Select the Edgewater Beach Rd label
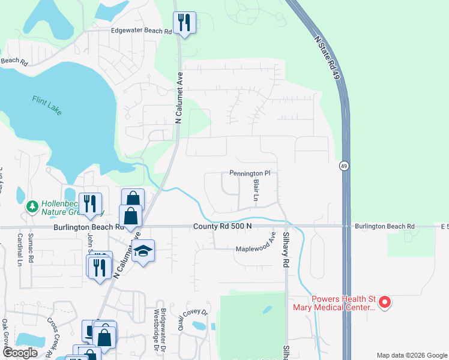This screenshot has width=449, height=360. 141,31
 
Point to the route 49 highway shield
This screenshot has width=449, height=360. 344,166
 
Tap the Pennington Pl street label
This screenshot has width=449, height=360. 250,173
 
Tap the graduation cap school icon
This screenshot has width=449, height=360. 143,250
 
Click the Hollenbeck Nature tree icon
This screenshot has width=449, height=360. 32,206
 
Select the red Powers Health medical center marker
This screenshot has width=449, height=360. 385,302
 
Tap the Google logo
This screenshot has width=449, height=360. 20,353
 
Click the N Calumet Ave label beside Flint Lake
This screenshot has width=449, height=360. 178,95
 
